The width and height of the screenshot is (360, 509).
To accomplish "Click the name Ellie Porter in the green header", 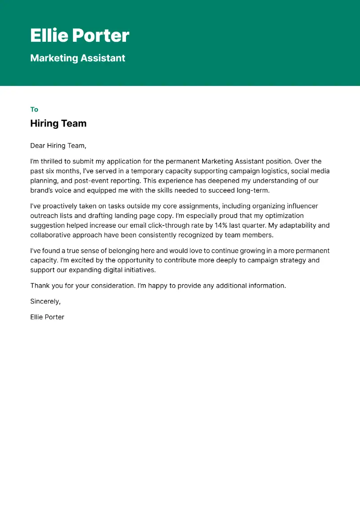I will coord(80,36).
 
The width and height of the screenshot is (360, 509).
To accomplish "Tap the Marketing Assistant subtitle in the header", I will coord(77,58).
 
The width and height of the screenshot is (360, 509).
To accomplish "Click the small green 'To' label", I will coord(34,109).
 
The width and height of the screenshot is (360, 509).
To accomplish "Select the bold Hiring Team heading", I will coord(58,123).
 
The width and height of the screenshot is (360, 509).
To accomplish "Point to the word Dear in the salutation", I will coord(38,146).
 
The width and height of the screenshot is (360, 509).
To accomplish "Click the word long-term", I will coord(254,190).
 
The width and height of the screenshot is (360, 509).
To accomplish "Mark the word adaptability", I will coord(299,225).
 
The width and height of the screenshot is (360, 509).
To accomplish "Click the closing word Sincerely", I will coord(45,302).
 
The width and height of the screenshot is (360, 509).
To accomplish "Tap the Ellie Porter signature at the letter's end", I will coord(47,317).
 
